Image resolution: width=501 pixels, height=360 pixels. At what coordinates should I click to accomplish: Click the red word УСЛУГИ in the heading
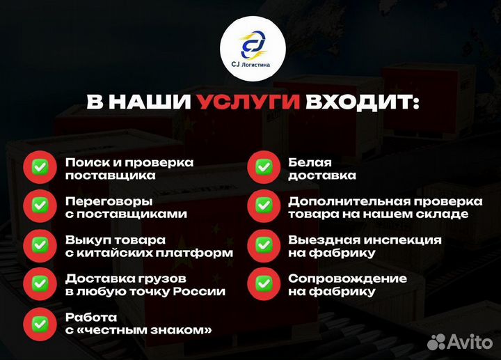pos(248,103)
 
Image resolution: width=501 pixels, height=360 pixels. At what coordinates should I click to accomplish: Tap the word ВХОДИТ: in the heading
pos(361,103)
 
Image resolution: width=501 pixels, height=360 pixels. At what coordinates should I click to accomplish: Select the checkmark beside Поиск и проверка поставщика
pos(40,168)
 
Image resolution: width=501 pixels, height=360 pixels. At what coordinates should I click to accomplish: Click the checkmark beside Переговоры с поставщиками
pos(40,206)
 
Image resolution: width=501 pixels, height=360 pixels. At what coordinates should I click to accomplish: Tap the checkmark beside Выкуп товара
pos(40,245)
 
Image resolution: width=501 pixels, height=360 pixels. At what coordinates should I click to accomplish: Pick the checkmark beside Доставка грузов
pos(40,284)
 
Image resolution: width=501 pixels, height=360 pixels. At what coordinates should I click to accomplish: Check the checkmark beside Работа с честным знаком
pos(40,323)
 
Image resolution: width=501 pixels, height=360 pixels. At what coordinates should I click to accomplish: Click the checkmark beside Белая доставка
pos(264,168)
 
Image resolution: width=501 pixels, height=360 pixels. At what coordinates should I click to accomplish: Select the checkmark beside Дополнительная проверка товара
pos(264,206)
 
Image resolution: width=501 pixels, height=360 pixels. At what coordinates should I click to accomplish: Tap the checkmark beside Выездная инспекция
pos(264,245)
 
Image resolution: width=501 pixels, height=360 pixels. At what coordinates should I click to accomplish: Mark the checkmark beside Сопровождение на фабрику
pos(264,284)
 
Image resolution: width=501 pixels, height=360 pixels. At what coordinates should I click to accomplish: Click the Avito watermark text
pos(472,341)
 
